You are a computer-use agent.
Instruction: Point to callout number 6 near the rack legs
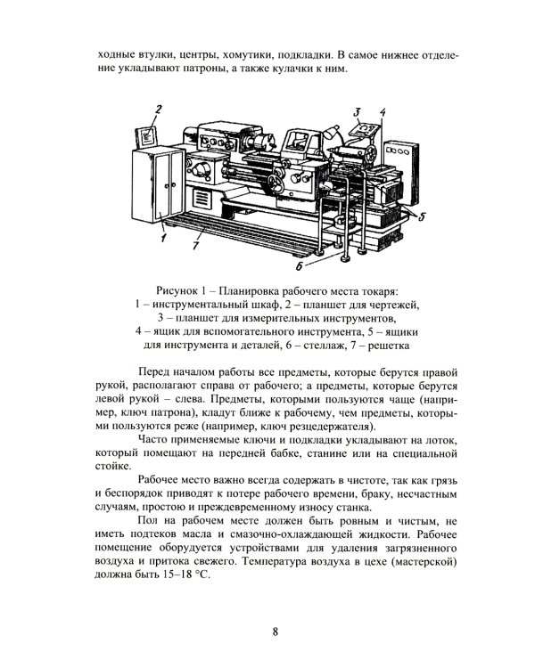tap(300, 265)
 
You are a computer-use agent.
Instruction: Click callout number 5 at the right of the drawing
tap(422, 216)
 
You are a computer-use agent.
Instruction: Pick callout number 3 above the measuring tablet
tap(355, 112)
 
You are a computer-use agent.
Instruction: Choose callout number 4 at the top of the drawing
tap(382, 112)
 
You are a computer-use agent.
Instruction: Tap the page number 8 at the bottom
tap(276, 632)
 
